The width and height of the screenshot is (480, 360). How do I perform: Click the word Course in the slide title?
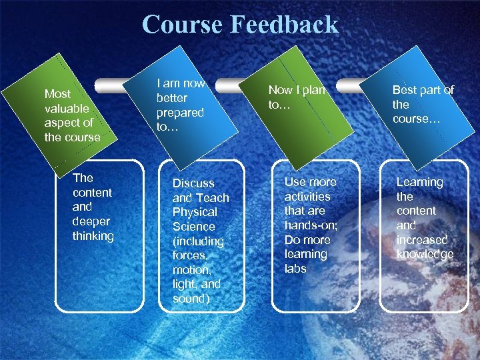click(x=183, y=25)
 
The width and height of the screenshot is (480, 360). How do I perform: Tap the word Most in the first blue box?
click(x=57, y=94)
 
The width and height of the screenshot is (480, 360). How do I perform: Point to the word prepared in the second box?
click(x=180, y=113)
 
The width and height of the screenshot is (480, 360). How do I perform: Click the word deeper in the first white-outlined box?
click(x=91, y=221)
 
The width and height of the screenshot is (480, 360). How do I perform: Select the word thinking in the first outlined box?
click(x=93, y=236)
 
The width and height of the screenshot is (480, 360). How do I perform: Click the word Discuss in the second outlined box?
click(x=193, y=183)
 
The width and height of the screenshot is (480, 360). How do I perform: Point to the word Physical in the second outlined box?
click(x=195, y=212)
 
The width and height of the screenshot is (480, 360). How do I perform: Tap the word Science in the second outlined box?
click(x=194, y=227)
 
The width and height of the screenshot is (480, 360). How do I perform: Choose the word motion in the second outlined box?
click(x=191, y=270)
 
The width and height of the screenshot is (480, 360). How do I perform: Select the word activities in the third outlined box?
click(x=307, y=197)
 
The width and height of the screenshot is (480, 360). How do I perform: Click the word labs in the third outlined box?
click(x=295, y=269)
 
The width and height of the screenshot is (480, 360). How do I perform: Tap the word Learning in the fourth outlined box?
click(x=419, y=182)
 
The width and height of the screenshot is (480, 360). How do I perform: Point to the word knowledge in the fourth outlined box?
click(x=425, y=254)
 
